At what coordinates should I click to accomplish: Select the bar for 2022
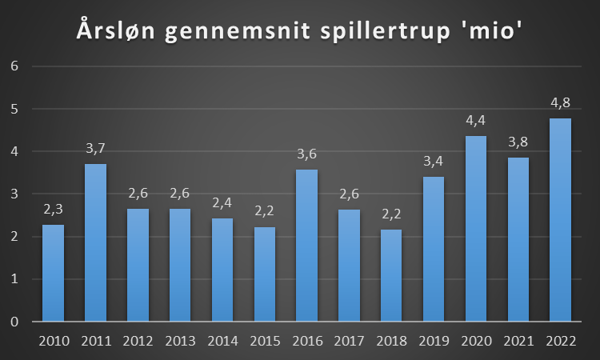560,220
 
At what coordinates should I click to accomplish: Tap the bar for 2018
391,275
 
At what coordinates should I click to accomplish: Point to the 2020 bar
476,229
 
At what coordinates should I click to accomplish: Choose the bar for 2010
53,273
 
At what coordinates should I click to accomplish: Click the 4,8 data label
560,102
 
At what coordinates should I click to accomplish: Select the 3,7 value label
95,149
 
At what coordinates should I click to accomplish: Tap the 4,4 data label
476,121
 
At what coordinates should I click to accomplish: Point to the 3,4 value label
434,162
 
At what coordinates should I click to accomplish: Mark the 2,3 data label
53,210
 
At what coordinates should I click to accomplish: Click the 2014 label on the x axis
222,341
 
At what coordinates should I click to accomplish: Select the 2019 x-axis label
434,341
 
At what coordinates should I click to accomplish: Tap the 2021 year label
518,341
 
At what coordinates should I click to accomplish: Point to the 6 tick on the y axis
14,66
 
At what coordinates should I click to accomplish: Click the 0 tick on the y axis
14,322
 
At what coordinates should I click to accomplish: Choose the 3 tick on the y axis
14,194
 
